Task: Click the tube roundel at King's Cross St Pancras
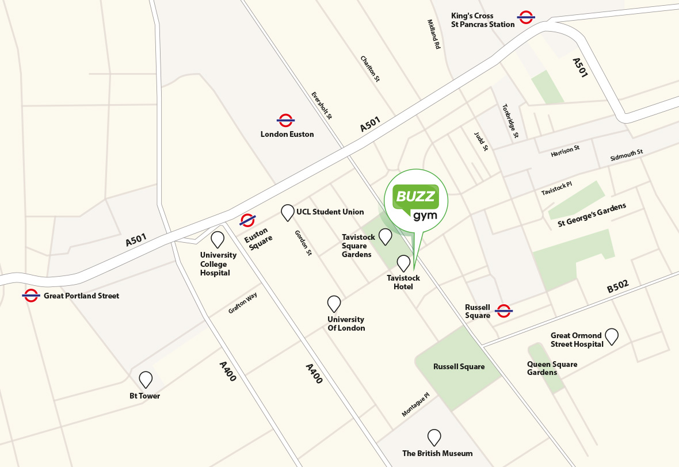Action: pos(525,17)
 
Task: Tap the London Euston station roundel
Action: pos(285,120)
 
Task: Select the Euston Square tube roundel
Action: pos(247,220)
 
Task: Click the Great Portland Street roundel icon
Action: pos(31,296)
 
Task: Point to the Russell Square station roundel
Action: pos(504,311)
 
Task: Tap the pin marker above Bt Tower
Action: pos(146,380)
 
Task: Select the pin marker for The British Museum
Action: pos(434,438)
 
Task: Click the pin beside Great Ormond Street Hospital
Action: pos(611,336)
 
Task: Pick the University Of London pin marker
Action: pos(334,304)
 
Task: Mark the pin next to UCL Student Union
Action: pos(287,213)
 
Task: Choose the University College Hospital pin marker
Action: pos(218,239)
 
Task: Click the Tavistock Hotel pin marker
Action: pos(403,263)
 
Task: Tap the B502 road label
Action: pos(618,286)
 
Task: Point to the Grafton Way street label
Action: pos(242,303)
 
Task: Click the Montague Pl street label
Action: pos(415,405)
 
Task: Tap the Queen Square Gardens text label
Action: pos(552,368)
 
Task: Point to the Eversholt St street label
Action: pos(322,105)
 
